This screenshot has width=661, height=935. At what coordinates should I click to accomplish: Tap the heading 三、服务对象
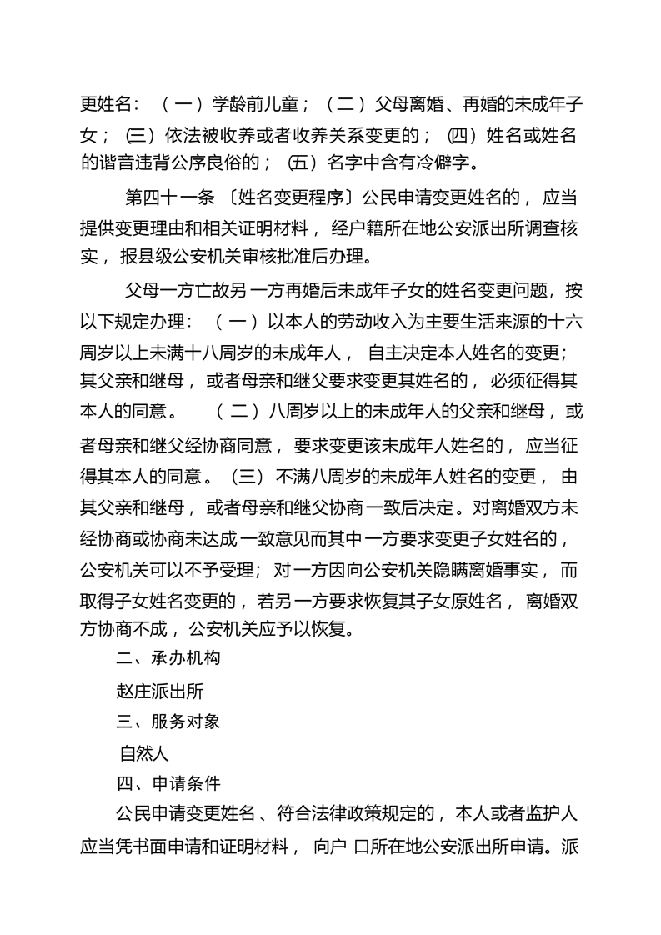point(168,722)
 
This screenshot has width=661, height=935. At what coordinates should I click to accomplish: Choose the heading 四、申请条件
point(168,782)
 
